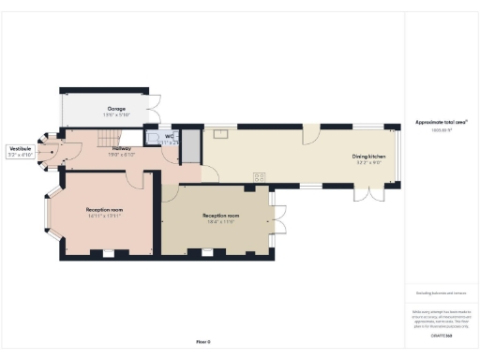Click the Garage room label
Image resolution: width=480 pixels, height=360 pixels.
116,109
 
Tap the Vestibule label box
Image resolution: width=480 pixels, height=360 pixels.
20,149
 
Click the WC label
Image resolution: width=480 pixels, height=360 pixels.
170,137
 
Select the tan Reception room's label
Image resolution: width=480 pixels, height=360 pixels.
221,217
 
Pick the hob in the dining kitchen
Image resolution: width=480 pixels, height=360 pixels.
260,175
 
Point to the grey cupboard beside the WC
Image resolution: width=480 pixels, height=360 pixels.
190,144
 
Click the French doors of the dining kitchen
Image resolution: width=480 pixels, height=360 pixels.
368,193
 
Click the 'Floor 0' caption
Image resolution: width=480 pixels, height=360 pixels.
203,341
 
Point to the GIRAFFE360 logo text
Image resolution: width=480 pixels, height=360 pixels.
442,335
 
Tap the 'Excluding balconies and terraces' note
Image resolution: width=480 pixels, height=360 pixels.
442,294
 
